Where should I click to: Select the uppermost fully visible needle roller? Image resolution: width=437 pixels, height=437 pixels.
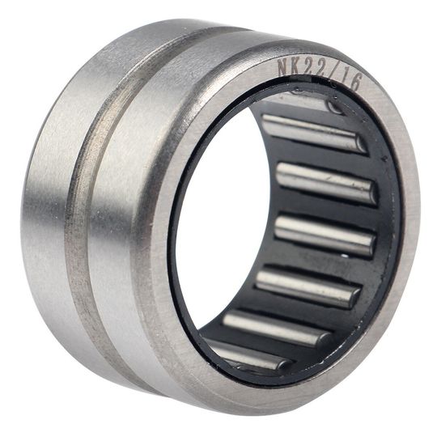(314, 133)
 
